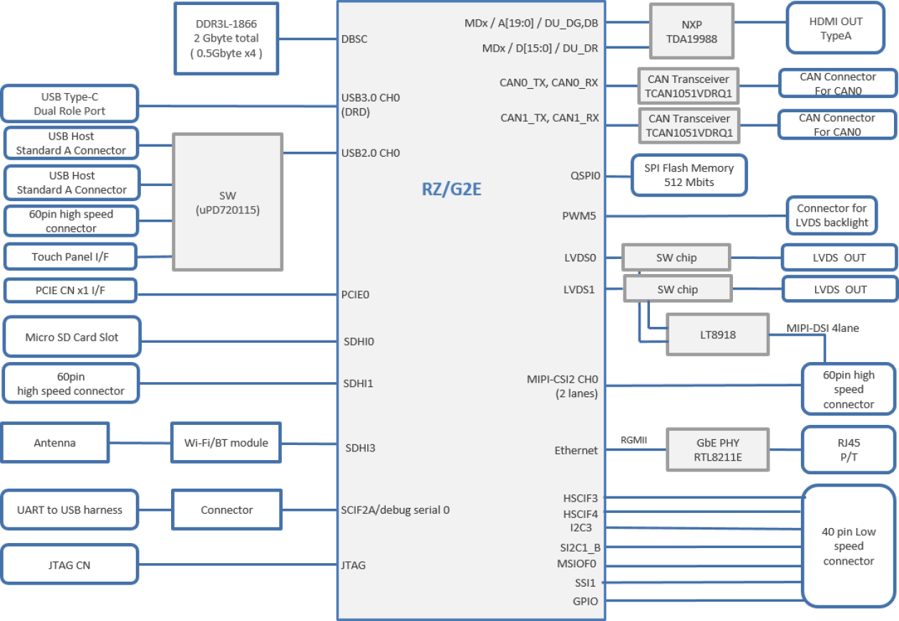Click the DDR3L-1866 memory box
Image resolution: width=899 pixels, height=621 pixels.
coord(227,38)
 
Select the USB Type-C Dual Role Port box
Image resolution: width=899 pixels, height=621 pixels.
coord(69,104)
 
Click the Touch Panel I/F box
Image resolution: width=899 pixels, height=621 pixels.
coord(70,257)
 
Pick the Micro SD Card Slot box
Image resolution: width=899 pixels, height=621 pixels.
coord(72,337)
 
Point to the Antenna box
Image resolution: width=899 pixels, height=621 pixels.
coord(55,443)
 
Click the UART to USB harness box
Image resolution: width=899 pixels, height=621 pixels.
coord(69,510)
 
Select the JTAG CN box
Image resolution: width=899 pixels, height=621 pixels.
coord(69,565)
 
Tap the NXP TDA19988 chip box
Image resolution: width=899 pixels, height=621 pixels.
coord(691,32)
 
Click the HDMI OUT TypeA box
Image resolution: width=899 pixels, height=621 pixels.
coord(835,28)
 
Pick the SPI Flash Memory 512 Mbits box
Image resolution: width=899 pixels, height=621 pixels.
coord(689,175)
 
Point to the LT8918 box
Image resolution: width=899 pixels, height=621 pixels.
coord(717,334)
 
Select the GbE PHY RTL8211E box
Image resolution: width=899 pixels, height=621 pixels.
coord(717,449)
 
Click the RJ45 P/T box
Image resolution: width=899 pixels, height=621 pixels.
coord(848,449)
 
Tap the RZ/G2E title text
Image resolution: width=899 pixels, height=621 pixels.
coord(451,189)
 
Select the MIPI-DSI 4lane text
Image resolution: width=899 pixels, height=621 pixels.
coord(822,328)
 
